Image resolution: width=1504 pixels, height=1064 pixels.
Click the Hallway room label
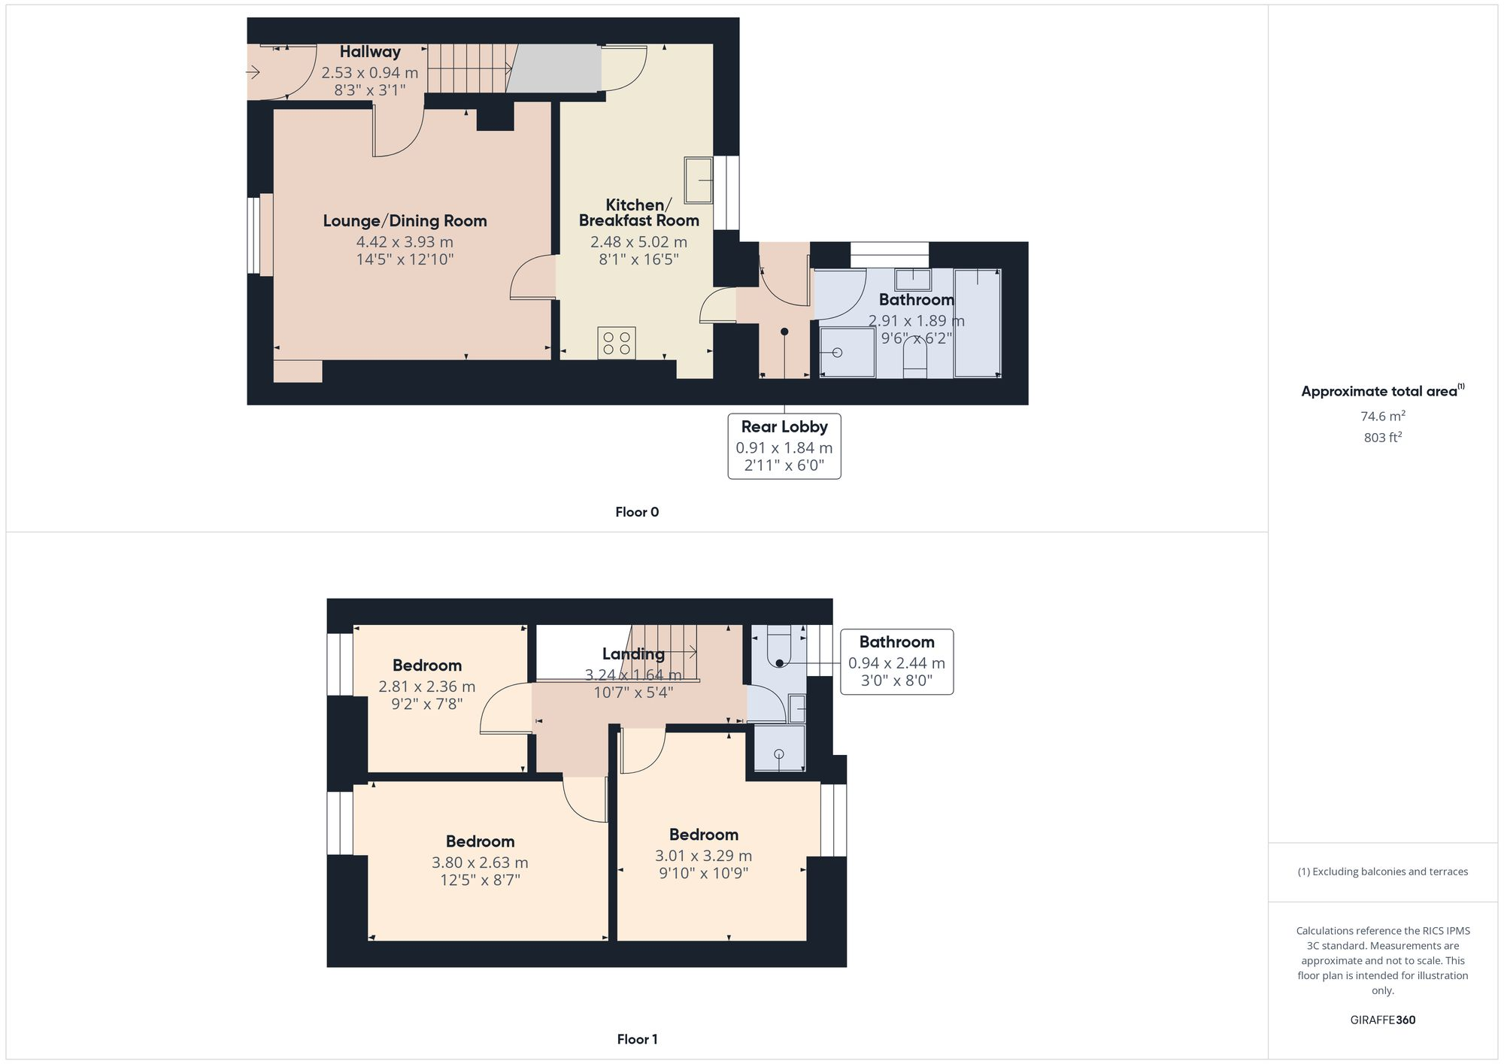point(369,52)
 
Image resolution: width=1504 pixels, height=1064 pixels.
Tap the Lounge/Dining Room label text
point(405,221)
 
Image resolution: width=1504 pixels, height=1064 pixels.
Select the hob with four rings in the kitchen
point(617,343)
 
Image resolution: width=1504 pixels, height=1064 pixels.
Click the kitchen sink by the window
point(698,180)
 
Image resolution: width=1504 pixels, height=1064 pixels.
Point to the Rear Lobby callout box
point(784,446)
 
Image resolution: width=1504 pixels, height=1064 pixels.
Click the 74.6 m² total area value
point(1382,416)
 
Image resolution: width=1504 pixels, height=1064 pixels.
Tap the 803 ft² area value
point(1382,438)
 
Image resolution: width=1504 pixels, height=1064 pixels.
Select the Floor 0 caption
point(636,512)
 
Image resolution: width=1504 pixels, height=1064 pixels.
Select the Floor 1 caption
point(636,1039)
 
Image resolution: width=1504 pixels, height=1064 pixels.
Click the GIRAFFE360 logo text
point(1382,1020)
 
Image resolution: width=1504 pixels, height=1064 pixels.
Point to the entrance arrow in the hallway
point(253,73)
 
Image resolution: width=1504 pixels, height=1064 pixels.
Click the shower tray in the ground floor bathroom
point(847,352)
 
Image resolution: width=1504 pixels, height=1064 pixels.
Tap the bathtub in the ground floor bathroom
point(977,323)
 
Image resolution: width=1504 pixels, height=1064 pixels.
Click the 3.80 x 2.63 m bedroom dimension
point(480,862)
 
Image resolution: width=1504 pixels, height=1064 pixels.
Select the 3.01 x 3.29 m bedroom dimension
point(703,856)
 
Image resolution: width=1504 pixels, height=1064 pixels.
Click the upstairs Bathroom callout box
point(896,662)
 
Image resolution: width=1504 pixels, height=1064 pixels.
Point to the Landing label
point(633,653)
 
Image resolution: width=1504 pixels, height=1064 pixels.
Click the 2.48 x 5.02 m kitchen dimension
point(638,242)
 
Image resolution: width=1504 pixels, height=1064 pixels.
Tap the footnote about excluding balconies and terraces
point(1382,872)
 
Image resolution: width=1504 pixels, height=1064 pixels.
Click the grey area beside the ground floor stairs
point(555,68)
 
